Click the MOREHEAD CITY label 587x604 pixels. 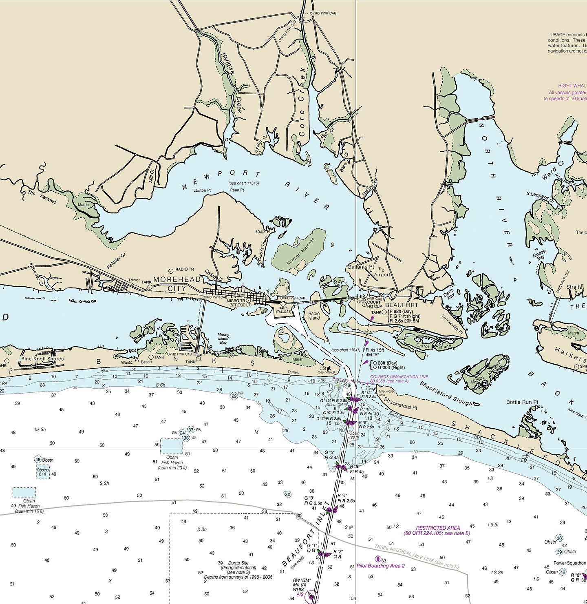[177, 284]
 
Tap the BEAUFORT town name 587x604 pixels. [402, 305]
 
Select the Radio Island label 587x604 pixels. [314, 316]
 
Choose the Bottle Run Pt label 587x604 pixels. [522, 402]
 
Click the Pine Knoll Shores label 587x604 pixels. [42, 359]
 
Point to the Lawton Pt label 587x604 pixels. [202, 190]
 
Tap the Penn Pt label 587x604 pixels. [237, 190]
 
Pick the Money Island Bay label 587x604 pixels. [223, 339]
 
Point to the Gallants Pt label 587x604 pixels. [360, 267]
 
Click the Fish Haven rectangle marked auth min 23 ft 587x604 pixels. [171, 446]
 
